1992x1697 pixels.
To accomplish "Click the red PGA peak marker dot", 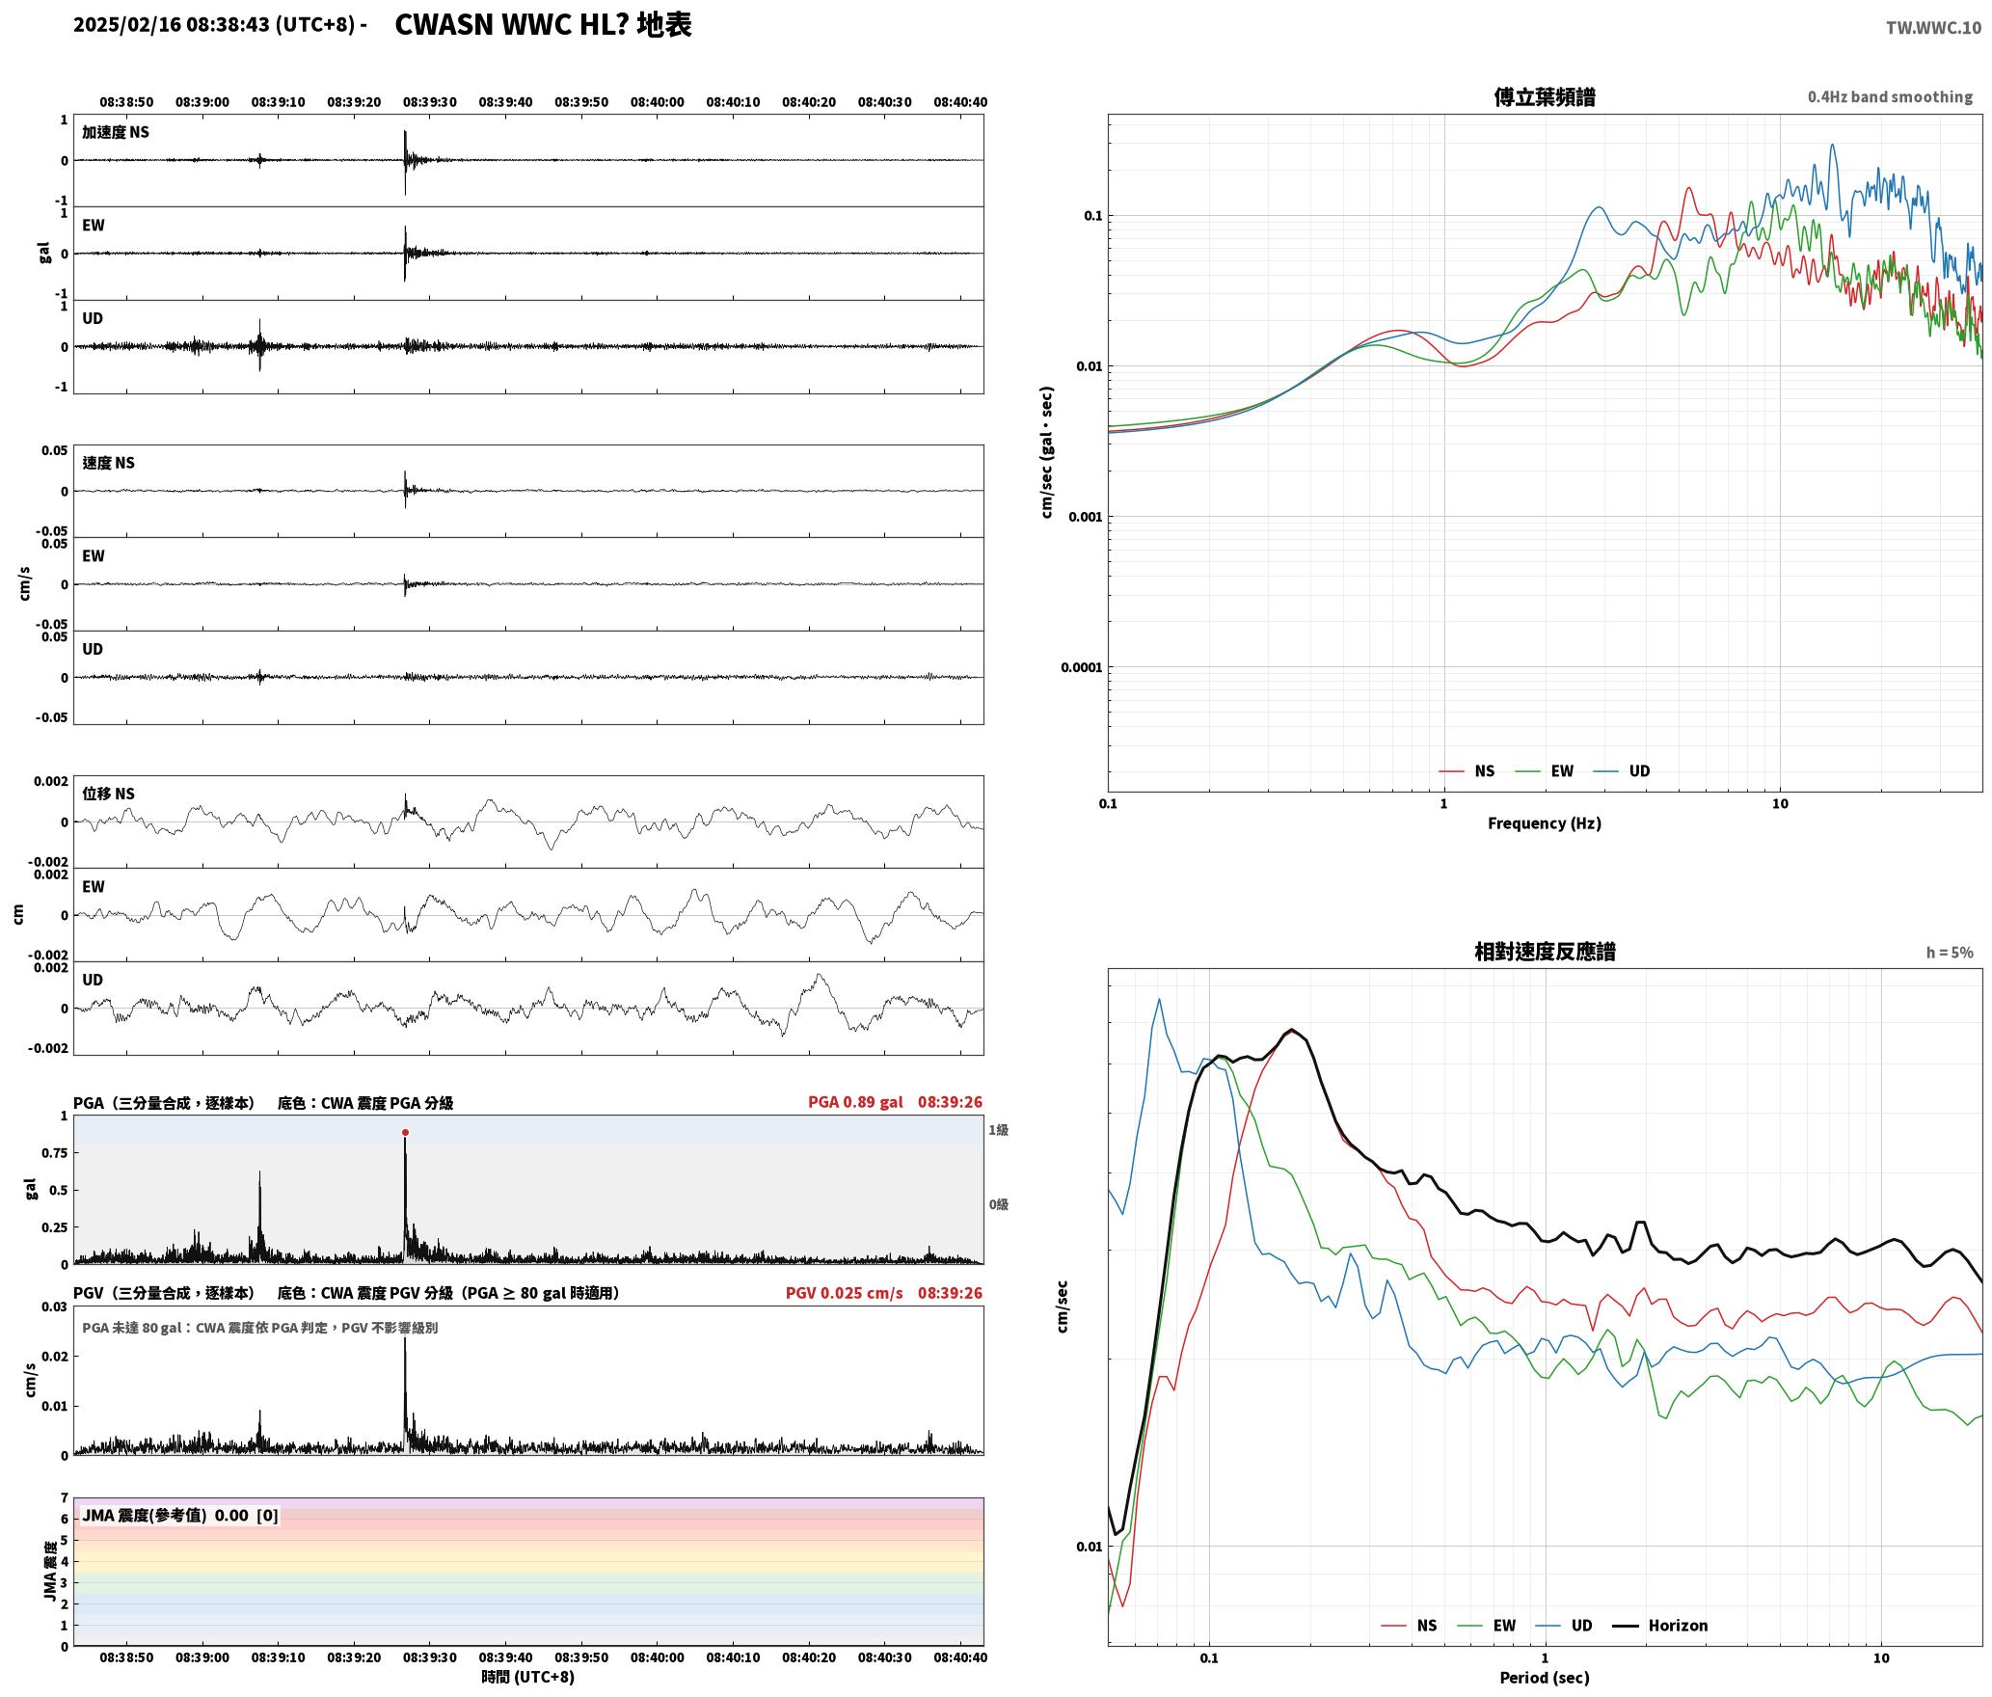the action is (405, 1132).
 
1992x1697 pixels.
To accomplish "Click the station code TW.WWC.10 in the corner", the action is (1933, 28).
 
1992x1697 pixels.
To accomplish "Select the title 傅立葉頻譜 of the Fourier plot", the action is (1544, 96).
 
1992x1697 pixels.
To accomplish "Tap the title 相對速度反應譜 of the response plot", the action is (1545, 952).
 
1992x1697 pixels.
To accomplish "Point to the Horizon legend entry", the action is (1660, 1625).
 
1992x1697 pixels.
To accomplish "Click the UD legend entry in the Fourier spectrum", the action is (1622, 770).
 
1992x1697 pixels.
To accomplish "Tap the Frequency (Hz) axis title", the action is (1544, 822).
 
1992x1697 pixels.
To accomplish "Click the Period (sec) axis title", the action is (1544, 1677).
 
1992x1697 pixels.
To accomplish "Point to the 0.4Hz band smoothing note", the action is (1890, 96).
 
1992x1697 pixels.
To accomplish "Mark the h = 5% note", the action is (1950, 952).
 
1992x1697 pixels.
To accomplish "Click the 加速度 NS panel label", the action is (116, 132).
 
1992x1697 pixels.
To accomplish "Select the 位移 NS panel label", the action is (108, 794).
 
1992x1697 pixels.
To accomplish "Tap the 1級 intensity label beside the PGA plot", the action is (998, 1129).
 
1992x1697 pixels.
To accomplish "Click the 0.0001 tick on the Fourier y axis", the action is (1081, 667).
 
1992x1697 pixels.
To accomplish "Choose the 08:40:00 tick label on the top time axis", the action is (658, 101).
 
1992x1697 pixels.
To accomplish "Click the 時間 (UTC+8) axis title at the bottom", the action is (528, 1676).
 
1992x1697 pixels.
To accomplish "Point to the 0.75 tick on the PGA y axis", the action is (55, 1152).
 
